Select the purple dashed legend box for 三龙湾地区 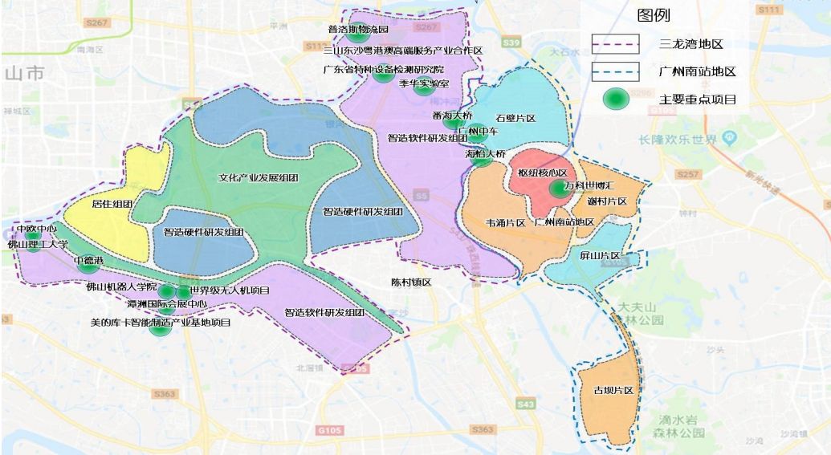point(615,43)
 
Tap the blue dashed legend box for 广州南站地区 point(615,71)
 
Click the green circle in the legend point(617,99)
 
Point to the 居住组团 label point(112,204)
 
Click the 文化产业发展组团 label point(258,177)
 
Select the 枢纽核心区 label point(542,173)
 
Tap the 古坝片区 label point(613,390)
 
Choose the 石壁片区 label point(515,119)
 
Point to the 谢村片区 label point(607,201)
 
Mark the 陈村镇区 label point(411,282)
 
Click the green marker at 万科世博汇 point(558,189)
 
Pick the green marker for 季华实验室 point(424,87)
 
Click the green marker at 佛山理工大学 point(33,245)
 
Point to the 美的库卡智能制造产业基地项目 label point(161,323)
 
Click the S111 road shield point(768,9)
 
